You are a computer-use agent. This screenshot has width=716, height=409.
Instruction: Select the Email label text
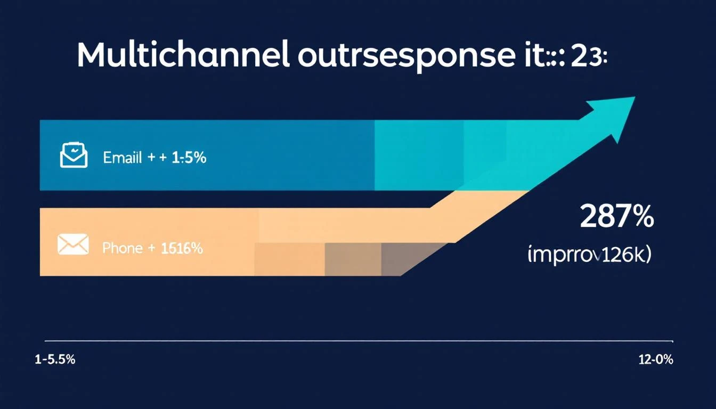click(123, 158)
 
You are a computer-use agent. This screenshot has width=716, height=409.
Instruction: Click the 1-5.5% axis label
click(55, 360)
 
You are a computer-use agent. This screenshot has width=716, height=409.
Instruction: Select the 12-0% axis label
click(655, 360)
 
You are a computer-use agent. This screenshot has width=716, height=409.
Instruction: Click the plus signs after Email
click(154, 158)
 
